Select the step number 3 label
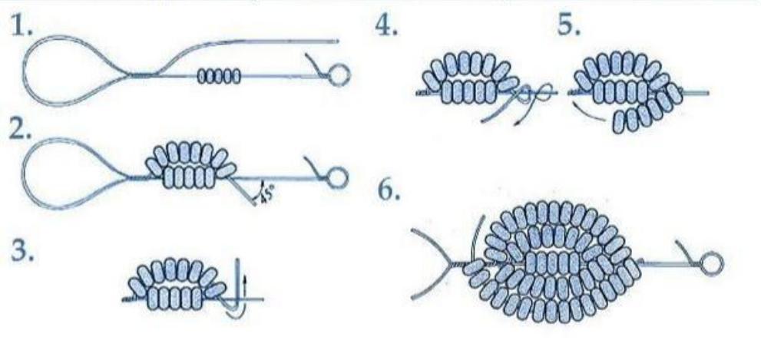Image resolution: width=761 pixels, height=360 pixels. tap(22, 253)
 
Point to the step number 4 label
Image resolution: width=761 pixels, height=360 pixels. tap(386, 26)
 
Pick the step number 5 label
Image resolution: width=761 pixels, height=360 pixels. tap(569, 26)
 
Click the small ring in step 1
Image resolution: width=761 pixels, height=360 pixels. tap(339, 74)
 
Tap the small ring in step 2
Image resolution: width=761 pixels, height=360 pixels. tap(338, 177)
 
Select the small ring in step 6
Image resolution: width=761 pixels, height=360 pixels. tap(712, 264)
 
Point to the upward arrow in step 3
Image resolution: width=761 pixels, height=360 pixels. tap(245, 286)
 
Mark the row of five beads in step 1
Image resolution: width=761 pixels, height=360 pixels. tap(219, 76)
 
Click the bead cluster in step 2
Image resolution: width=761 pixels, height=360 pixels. tap(191, 165)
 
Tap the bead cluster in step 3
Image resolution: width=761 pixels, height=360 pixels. tap(176, 284)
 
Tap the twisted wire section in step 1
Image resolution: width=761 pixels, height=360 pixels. tap(141, 74)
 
